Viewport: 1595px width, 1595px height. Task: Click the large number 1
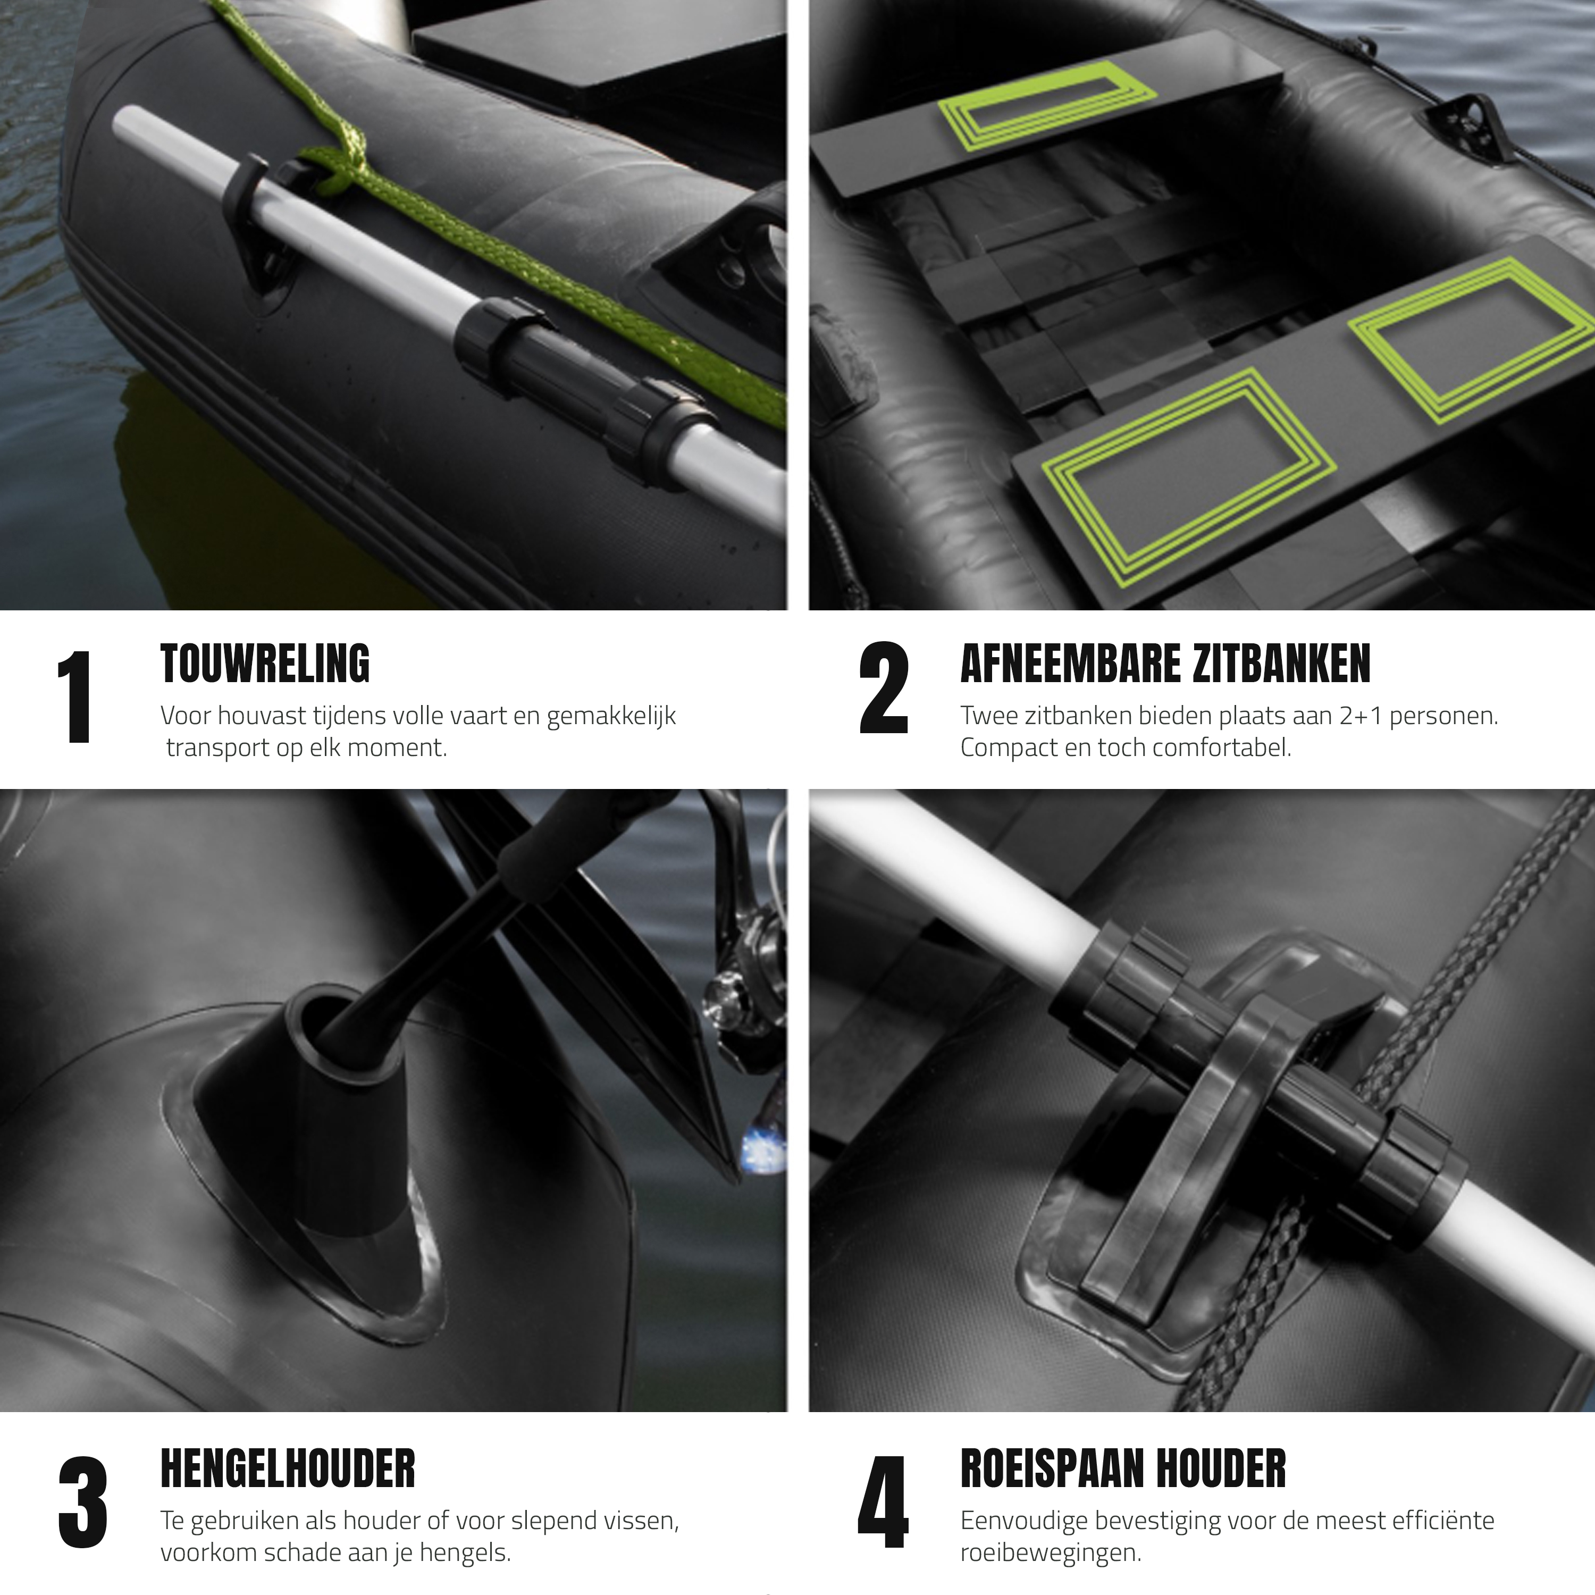tap(76, 697)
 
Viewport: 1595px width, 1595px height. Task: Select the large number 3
tap(82, 1504)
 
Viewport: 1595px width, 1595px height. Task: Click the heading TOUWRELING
tap(265, 665)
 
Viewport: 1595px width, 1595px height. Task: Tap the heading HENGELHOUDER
tap(287, 1468)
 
